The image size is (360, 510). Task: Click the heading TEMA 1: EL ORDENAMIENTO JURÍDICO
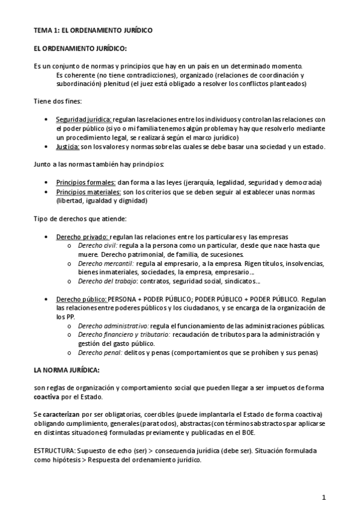pos(93,29)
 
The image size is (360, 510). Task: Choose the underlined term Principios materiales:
pos(88,192)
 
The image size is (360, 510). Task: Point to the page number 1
pos(323,497)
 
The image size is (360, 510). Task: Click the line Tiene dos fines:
pos(57,101)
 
